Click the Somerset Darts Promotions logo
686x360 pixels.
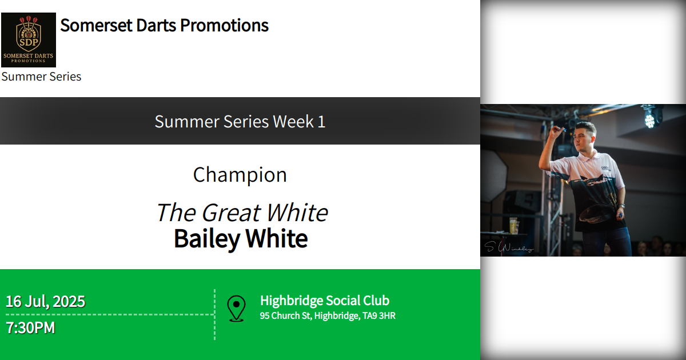click(29, 40)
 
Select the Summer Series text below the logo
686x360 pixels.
click(41, 77)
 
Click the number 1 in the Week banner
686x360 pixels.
click(321, 121)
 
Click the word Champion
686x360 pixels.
click(240, 175)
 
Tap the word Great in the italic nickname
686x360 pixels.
click(232, 213)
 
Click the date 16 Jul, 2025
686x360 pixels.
click(45, 301)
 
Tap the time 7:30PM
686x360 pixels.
click(30, 328)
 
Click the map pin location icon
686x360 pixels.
click(236, 308)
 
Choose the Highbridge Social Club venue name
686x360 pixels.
click(325, 301)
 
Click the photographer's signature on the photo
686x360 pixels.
click(509, 247)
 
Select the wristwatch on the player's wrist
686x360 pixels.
click(621, 205)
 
